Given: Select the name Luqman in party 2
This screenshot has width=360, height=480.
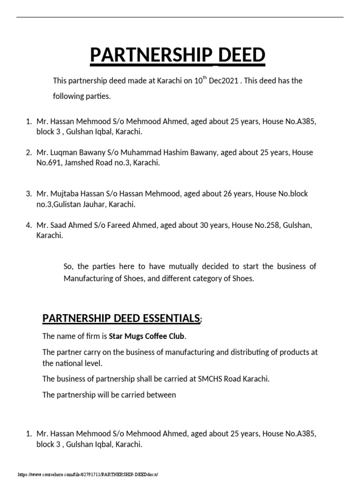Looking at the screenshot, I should coord(63,152).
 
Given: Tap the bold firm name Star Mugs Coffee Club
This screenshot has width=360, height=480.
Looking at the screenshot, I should coord(147,336).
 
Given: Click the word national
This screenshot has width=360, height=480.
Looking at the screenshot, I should coord(71,363).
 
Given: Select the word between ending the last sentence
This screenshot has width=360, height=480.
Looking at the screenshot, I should coord(161,395).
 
